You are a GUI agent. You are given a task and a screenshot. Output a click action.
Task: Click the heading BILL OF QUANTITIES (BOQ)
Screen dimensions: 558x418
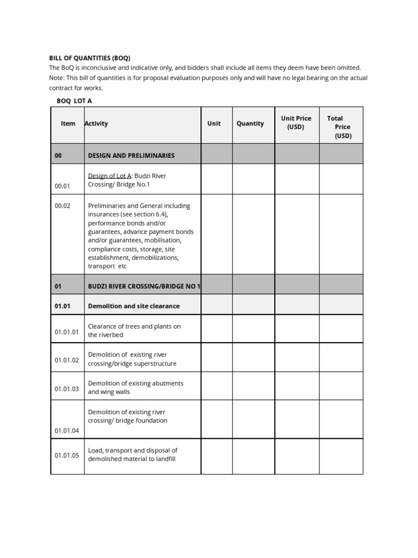(x=90, y=58)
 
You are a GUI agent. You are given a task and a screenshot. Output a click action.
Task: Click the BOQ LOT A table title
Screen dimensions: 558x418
(x=75, y=101)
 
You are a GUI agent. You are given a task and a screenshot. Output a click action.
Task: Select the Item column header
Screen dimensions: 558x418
(x=68, y=124)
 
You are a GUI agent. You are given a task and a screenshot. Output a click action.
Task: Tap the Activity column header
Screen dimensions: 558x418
(x=96, y=124)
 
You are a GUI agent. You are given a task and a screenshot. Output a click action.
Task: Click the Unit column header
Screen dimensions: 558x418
(x=214, y=124)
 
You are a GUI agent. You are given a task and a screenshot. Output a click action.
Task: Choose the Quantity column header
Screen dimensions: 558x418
(x=250, y=124)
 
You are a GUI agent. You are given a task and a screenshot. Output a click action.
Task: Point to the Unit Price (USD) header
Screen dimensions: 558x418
(x=296, y=123)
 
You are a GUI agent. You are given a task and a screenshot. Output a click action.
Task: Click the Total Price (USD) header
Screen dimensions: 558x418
(x=340, y=127)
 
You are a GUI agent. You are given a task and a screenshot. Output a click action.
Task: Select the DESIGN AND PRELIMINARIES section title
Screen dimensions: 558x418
(x=131, y=155)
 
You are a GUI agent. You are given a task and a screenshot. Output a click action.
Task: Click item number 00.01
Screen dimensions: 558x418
(x=63, y=186)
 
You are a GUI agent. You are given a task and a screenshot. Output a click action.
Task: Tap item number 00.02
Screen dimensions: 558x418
(x=63, y=206)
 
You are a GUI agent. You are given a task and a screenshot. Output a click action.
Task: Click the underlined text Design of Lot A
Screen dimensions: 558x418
(x=109, y=175)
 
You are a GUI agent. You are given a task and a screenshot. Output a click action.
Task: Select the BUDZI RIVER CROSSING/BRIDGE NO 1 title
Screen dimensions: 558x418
(x=144, y=286)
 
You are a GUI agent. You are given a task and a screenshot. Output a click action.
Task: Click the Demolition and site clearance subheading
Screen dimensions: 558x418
(x=133, y=306)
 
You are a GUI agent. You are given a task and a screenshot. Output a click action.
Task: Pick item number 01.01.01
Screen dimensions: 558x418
(x=67, y=331)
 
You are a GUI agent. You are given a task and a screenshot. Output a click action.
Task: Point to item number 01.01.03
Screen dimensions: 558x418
(x=67, y=389)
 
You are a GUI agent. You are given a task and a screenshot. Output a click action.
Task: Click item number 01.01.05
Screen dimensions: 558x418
(x=67, y=455)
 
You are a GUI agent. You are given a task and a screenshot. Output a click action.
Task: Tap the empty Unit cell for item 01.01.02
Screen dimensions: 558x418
(x=217, y=357)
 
